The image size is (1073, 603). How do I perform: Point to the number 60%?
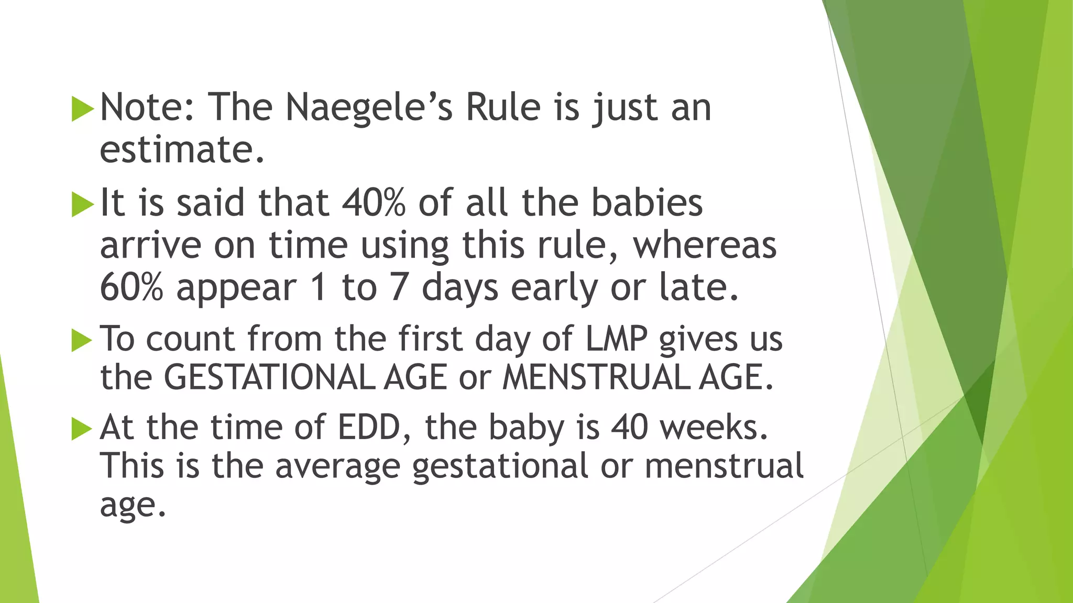coord(132,287)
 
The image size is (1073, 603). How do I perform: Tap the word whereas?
coord(705,245)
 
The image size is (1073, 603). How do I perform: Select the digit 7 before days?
coord(399,287)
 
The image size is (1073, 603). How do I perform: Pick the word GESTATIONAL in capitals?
coord(269,377)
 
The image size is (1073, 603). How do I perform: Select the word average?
coord(338,466)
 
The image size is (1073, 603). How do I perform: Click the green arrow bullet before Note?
coord(82,108)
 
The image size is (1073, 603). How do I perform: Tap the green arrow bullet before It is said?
coord(82,204)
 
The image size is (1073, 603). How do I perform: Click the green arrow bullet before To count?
coord(82,340)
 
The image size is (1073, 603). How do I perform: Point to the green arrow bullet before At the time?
coord(82,428)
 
